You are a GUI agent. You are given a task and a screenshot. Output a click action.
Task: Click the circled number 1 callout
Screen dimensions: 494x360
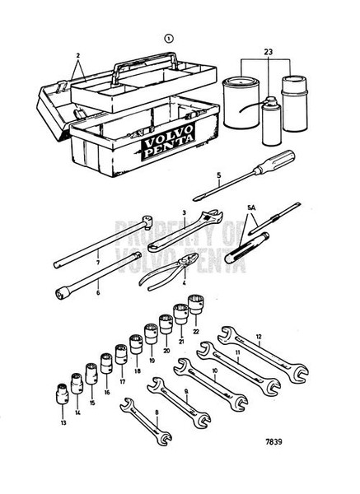[169, 37]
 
